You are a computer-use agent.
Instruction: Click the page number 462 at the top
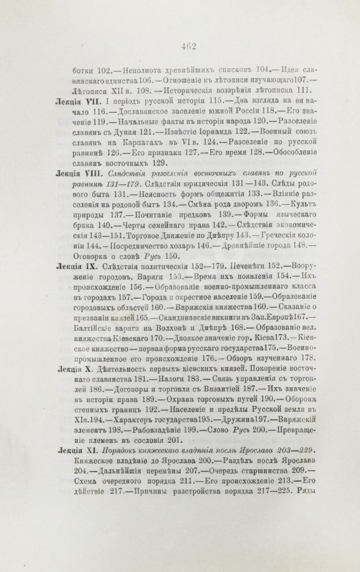180,45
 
